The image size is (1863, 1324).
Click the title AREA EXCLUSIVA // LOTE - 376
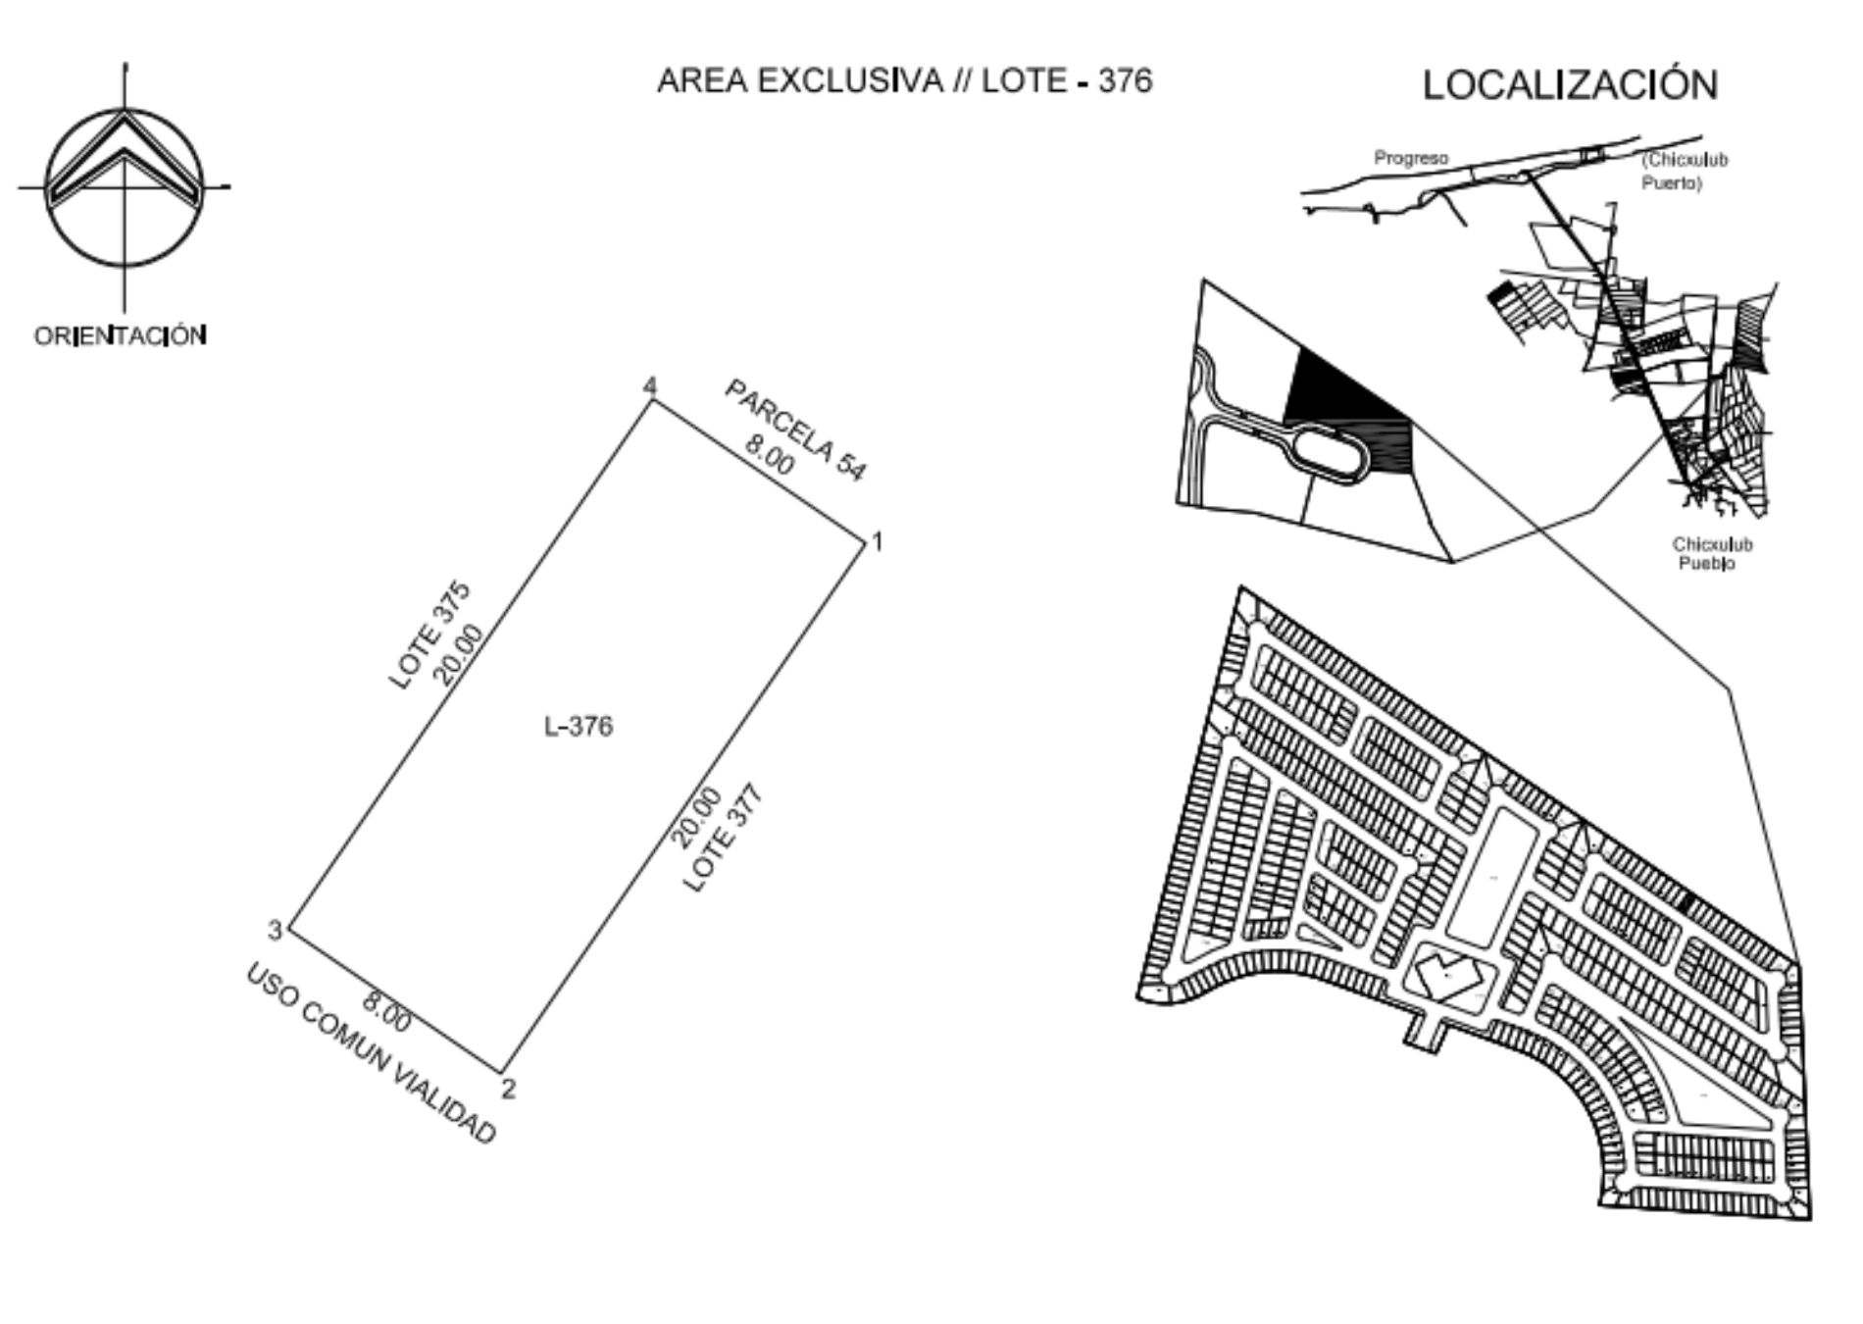coord(904,80)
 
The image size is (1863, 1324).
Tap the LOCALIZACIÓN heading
coord(1570,84)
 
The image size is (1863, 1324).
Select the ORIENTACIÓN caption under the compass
coord(121,335)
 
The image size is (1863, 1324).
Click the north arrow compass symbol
coord(125,186)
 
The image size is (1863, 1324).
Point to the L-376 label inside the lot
coord(579,726)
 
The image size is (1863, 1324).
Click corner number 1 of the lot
coord(878,540)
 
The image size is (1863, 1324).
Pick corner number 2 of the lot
coord(508,1088)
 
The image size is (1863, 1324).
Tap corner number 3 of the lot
coord(276,930)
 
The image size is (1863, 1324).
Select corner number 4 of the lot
coord(649,386)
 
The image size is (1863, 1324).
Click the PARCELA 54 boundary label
coord(796,431)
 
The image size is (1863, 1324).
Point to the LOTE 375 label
coord(430,636)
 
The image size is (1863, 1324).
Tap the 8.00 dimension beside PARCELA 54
coord(768,454)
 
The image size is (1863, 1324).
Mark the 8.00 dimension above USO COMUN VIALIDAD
coord(386,1011)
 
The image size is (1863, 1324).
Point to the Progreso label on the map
coord(1411,158)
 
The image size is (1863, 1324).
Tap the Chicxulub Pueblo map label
coord(1712,554)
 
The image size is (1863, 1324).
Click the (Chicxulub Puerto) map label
coord(1684,171)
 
